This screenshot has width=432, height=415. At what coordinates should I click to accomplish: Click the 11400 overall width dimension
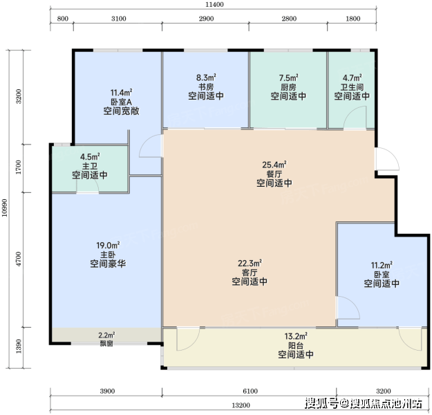[x=214, y=4]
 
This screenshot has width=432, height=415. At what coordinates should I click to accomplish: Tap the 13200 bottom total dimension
[x=241, y=405]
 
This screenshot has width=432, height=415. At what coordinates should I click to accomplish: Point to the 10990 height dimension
[x=4, y=207]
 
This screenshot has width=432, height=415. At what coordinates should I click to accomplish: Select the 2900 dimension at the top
[x=207, y=19]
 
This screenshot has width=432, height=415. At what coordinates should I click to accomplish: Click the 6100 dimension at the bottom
[x=250, y=391]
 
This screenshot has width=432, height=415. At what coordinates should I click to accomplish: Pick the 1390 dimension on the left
[x=19, y=346]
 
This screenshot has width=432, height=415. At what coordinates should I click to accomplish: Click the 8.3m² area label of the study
[x=206, y=77]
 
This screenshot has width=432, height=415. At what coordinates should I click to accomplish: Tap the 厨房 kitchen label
[x=288, y=87]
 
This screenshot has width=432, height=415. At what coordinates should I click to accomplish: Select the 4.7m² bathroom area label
[x=352, y=77]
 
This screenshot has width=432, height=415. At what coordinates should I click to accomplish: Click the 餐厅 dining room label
[x=274, y=174]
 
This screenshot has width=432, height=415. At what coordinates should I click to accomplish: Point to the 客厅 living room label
[x=250, y=273]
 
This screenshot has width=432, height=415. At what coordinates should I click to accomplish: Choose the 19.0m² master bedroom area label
[x=108, y=245]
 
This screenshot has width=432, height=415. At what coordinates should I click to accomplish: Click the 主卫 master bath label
[x=90, y=166]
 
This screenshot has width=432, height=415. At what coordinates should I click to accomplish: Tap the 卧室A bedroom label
[x=121, y=102]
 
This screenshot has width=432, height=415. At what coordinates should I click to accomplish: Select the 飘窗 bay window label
[x=106, y=344]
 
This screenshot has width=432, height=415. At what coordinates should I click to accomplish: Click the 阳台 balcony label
[x=296, y=346]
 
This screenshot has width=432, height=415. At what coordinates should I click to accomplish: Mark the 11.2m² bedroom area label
[x=382, y=266]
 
